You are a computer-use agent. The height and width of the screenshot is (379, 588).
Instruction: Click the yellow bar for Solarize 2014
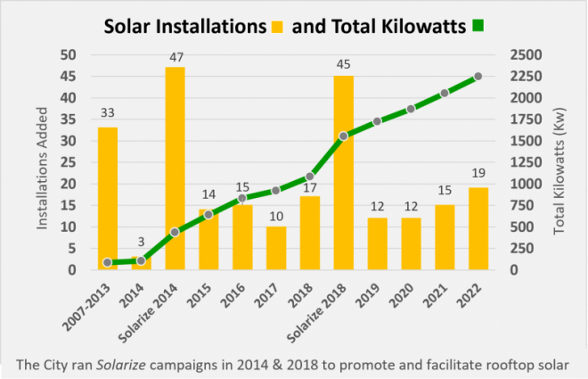[175, 169]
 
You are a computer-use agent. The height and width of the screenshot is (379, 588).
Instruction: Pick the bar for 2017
[276, 248]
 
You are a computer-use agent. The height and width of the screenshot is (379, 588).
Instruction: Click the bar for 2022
[478, 228]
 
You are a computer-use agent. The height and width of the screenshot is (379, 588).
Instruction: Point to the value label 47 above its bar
[176, 57]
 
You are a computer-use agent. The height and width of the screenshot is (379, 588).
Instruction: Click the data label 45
[343, 65]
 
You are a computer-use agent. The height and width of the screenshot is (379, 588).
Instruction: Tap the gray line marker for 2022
[478, 77]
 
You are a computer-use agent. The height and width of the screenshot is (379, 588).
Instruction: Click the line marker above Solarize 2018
[343, 136]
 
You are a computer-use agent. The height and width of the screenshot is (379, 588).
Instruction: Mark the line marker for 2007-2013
[108, 262]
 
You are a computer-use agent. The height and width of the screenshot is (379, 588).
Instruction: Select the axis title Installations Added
[43, 162]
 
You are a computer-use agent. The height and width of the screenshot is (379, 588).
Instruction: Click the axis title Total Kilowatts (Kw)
[559, 162]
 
